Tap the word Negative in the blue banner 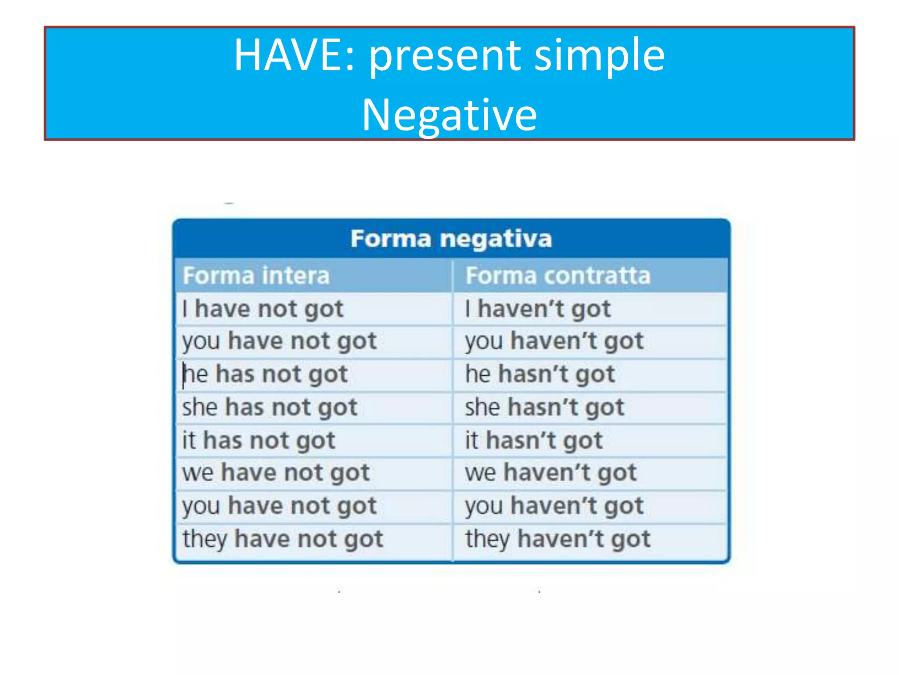(x=449, y=115)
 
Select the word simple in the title (x=600, y=55)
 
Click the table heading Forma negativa (x=451, y=239)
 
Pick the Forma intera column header (x=256, y=276)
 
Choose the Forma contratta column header (x=557, y=276)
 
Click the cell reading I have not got (x=263, y=308)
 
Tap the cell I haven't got (x=538, y=308)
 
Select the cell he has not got (x=265, y=374)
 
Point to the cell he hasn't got (x=540, y=374)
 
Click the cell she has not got (x=270, y=407)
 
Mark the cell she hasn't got (x=544, y=407)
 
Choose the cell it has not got (x=259, y=440)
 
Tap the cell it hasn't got (x=534, y=440)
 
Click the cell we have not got (x=276, y=473)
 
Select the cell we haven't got (x=550, y=473)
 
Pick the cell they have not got (x=283, y=539)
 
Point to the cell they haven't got (x=557, y=539)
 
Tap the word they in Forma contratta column (x=487, y=539)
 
